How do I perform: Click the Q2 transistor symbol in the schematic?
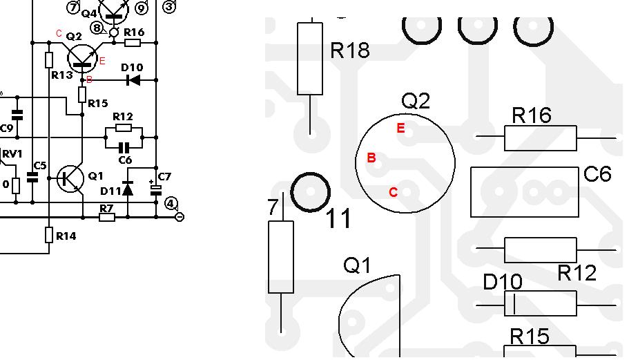click(83, 59)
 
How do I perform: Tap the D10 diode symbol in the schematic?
click(133, 80)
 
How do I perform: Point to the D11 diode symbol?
click(128, 188)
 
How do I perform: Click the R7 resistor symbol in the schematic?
click(107, 217)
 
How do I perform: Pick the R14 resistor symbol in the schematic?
click(49, 235)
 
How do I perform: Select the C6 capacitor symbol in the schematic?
click(124, 148)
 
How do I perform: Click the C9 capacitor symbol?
click(17, 115)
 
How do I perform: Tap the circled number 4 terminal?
click(171, 203)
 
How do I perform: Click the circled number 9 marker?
click(142, 8)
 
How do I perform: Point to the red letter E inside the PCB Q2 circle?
click(400, 128)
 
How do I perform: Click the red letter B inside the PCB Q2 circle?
click(371, 158)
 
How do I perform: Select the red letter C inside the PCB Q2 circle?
click(393, 192)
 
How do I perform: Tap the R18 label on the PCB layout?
click(350, 50)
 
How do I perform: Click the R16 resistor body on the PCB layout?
click(541, 138)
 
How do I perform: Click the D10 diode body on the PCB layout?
click(541, 303)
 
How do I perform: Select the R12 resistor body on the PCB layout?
click(541, 249)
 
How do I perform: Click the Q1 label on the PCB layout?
click(358, 265)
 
